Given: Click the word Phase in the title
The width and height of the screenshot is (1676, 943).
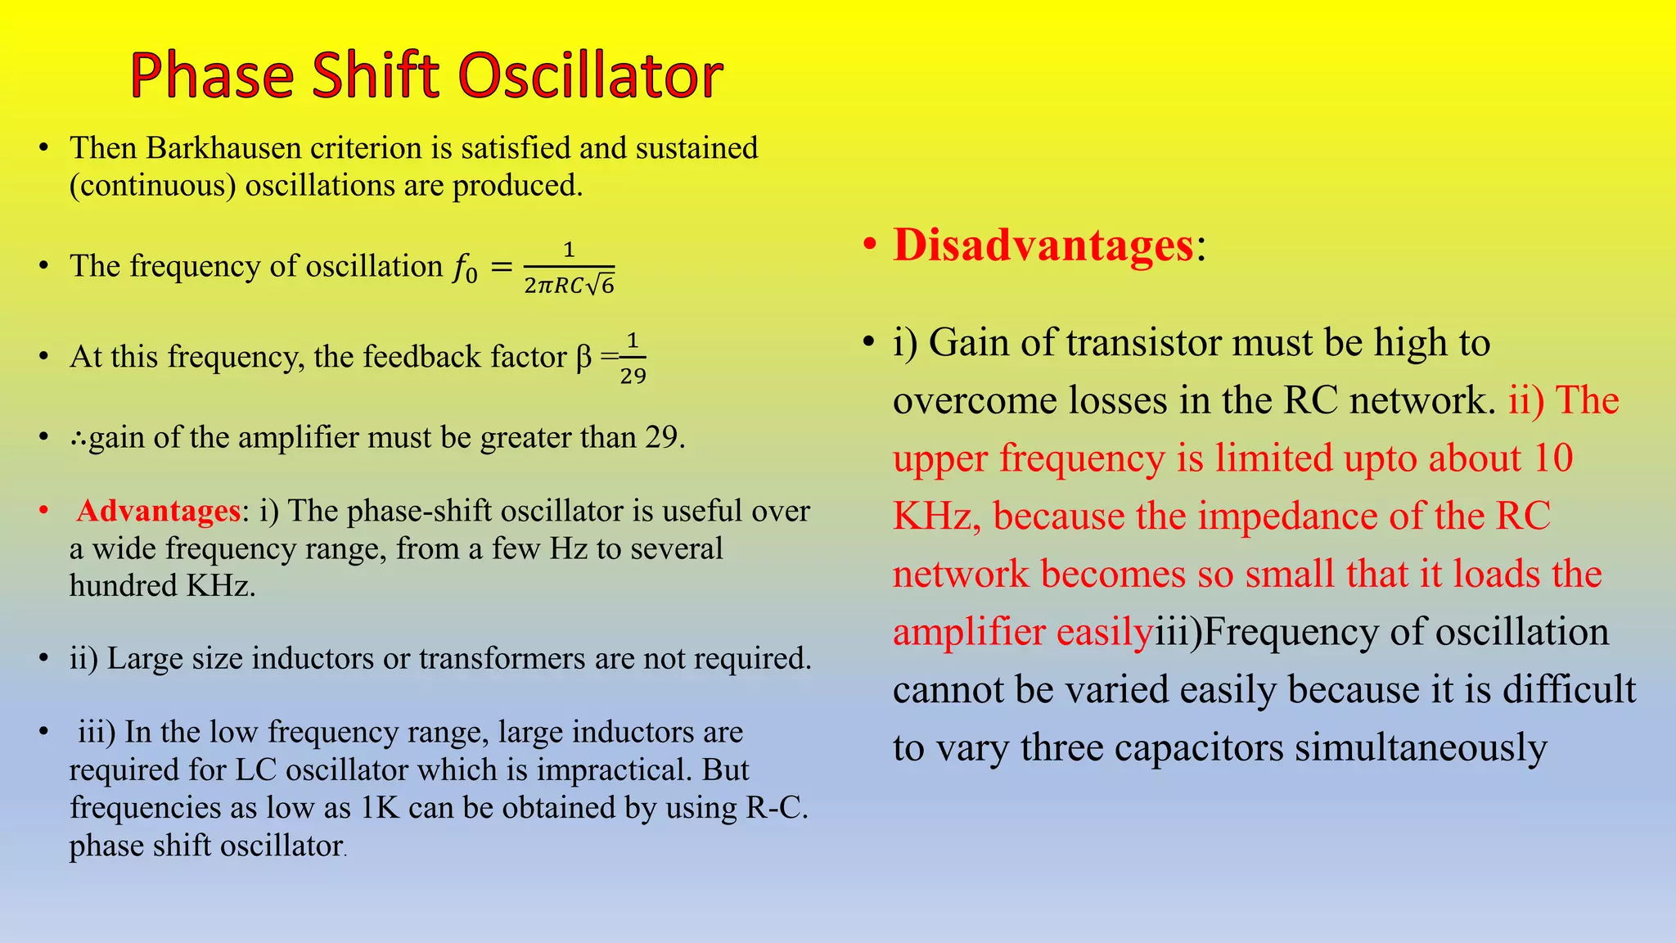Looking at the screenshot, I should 211,75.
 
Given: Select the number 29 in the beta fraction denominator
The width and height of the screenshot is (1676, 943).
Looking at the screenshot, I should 633,376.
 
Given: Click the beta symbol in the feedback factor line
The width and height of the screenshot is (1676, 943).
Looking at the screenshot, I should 583,357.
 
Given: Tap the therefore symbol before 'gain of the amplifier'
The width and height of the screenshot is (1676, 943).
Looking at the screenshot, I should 79,438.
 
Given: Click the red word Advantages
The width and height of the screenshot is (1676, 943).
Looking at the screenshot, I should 158,511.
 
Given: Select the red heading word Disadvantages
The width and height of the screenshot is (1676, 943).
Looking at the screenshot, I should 1043,245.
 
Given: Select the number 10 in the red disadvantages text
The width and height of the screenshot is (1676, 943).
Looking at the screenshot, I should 1552,458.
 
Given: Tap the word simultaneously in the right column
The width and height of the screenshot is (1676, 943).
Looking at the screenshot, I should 1421,748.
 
